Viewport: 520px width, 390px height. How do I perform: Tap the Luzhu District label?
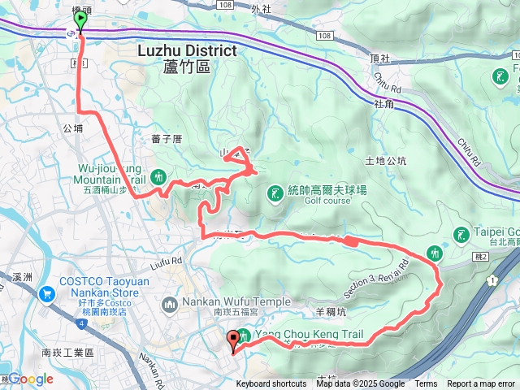187,50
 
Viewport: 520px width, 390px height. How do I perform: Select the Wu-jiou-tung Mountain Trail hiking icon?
159,175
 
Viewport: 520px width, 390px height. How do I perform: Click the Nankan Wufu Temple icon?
170,305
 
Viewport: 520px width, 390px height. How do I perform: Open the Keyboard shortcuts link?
271,384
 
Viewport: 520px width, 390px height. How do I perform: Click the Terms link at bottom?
426,384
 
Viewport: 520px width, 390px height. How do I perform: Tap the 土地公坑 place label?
386,161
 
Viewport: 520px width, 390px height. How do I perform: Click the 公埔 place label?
72,128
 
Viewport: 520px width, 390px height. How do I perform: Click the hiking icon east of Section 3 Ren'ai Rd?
435,254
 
